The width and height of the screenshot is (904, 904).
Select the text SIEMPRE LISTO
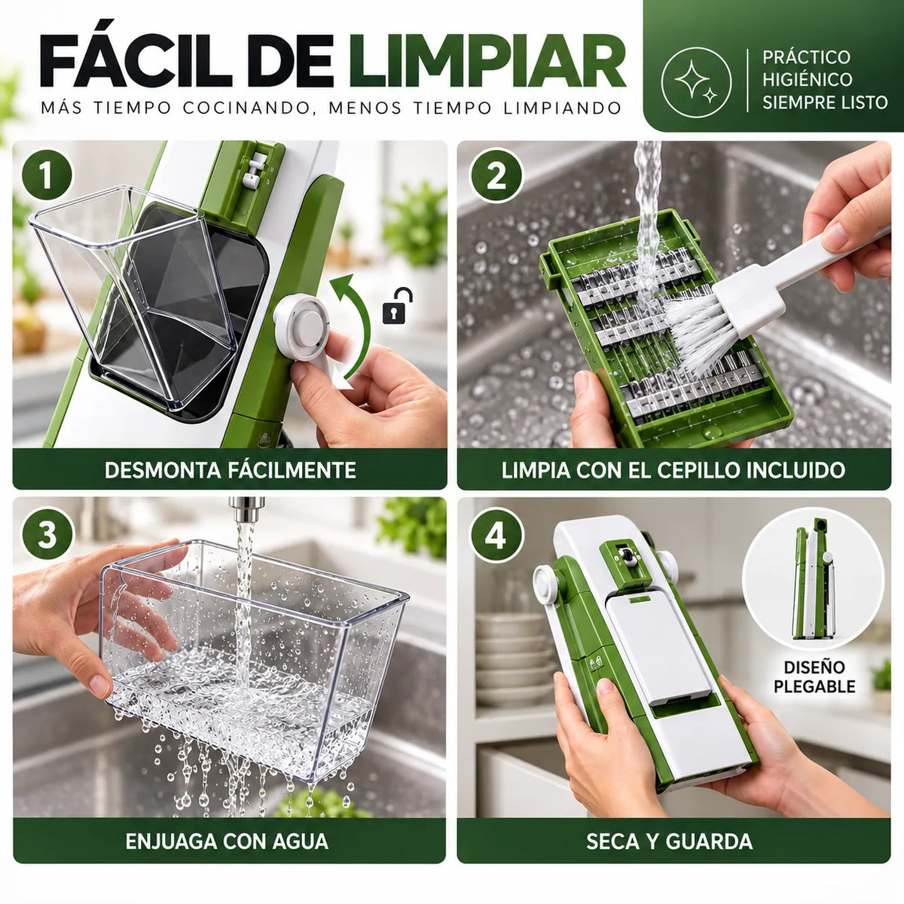[x=825, y=102]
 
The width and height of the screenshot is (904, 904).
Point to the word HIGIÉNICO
[x=807, y=79]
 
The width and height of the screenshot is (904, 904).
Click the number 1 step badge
[x=47, y=176]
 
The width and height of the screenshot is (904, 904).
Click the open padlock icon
[x=397, y=307]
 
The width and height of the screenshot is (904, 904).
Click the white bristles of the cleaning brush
[x=694, y=331]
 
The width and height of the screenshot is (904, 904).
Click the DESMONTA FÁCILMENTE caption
[x=230, y=470]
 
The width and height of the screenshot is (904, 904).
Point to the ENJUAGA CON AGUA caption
[x=227, y=841]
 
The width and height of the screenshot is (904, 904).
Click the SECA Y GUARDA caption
[x=670, y=841]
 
